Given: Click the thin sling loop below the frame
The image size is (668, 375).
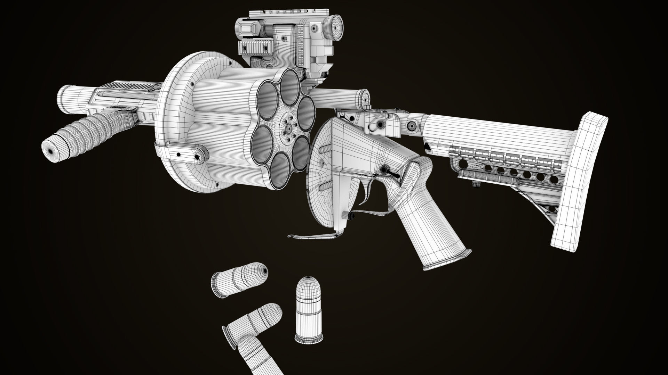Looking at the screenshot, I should [x=313, y=236].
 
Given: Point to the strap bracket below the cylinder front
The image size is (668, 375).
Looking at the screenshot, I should [x=181, y=153].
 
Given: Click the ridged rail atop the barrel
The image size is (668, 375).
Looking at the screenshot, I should [x=132, y=86].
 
